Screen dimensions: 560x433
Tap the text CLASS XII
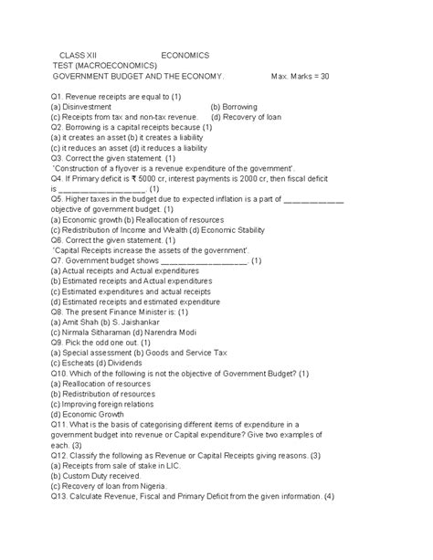pos(80,55)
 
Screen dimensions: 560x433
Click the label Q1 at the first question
pos(60,96)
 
